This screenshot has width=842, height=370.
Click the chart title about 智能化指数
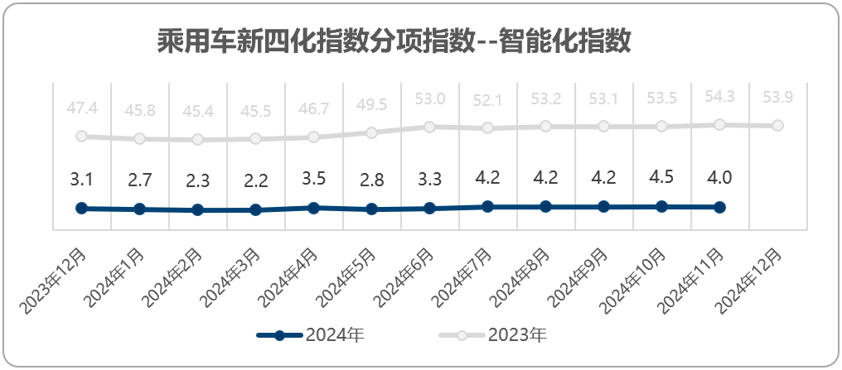(x=394, y=41)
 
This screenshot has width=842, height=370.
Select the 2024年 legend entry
(x=311, y=336)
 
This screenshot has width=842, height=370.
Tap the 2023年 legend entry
(x=493, y=336)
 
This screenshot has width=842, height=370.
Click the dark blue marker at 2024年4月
(x=313, y=208)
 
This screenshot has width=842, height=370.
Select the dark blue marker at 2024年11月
(x=719, y=207)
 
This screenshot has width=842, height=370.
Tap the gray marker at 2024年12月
(x=777, y=126)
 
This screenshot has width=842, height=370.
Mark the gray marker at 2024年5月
(x=371, y=132)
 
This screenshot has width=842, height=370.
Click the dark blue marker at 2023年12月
(x=81, y=208)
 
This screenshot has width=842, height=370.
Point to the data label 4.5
(x=661, y=177)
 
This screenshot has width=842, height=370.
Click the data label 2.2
(x=255, y=180)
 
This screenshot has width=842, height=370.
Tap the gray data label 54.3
(x=719, y=97)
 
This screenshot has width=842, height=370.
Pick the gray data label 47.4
(x=81, y=108)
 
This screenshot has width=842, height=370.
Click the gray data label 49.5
(x=371, y=104)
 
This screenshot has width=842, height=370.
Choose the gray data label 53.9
(x=777, y=98)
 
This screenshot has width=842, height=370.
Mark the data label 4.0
(x=719, y=177)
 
